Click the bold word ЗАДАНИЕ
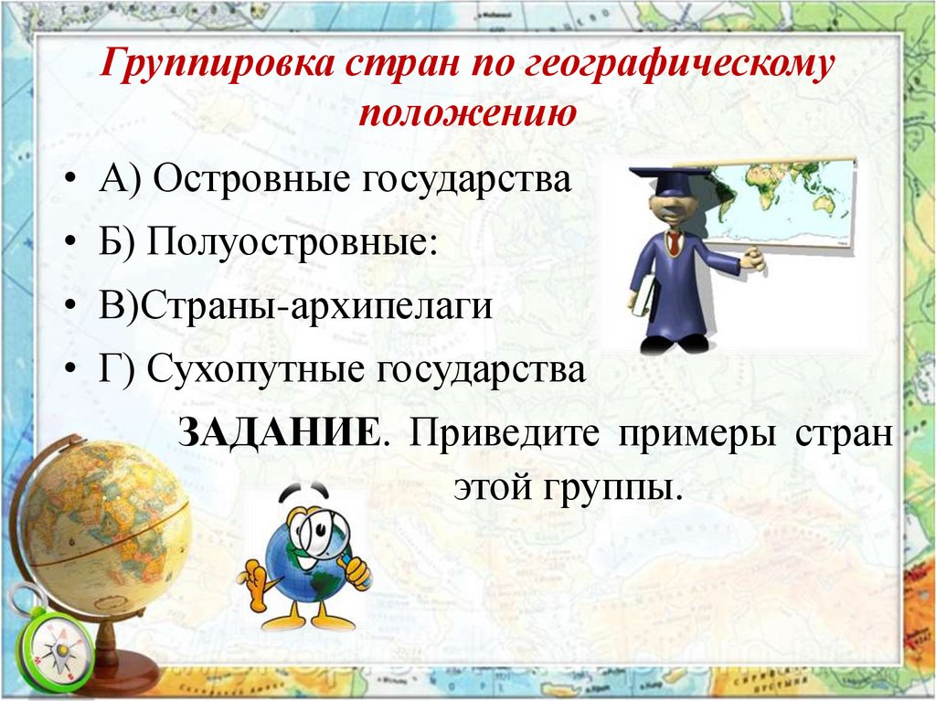pyautogui.click(x=279, y=430)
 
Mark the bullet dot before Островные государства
pyautogui.click(x=74, y=180)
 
